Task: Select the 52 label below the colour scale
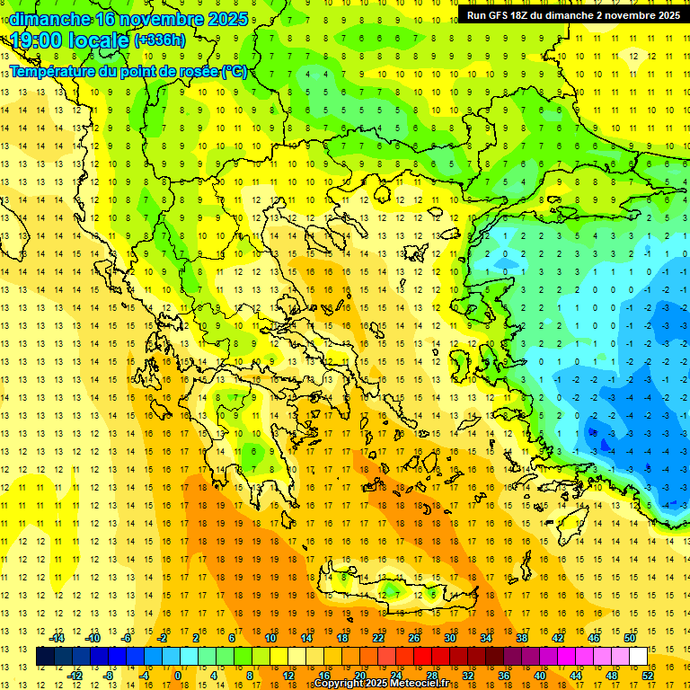[648, 675]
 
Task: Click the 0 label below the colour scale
[178, 675]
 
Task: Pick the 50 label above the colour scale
[630, 638]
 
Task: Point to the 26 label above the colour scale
[414, 638]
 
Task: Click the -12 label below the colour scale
[75, 675]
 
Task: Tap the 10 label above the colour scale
[270, 638]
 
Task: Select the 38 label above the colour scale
[522, 638]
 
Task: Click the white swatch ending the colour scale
[639, 657]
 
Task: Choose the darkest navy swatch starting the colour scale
[46, 657]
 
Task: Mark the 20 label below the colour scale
[360, 675]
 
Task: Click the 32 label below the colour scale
[468, 675]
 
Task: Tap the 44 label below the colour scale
[576, 675]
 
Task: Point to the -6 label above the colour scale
[127, 638]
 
